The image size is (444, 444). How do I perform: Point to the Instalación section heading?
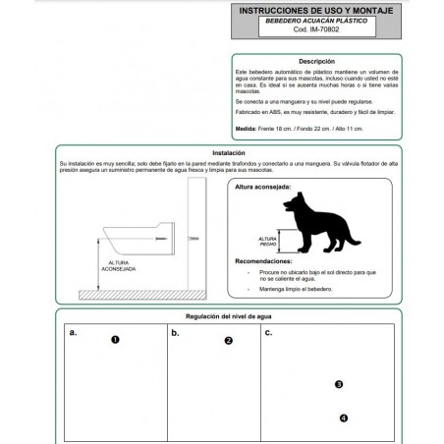[x=228, y=153]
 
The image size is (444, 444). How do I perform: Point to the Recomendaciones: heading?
[x=266, y=262]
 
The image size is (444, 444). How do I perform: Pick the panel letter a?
[x=74, y=334]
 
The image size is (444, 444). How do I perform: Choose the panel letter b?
[x=175, y=334]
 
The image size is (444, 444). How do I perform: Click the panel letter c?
[x=269, y=334]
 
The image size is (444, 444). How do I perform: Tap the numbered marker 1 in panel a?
[x=116, y=340]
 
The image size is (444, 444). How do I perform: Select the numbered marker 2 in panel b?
[x=228, y=341]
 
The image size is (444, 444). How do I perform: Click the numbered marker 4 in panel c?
[x=343, y=417]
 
